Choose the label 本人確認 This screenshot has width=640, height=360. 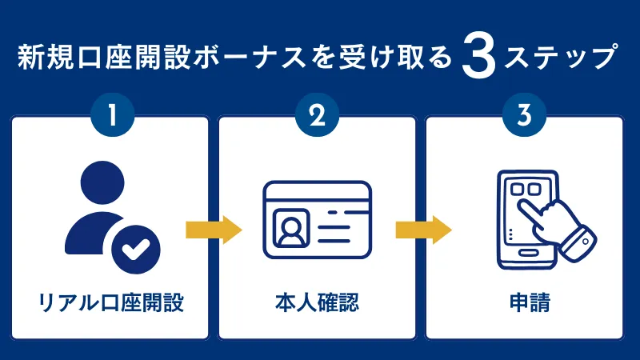318,304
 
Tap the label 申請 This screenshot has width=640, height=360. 524,304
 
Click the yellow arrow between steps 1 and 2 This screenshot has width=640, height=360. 213,230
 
